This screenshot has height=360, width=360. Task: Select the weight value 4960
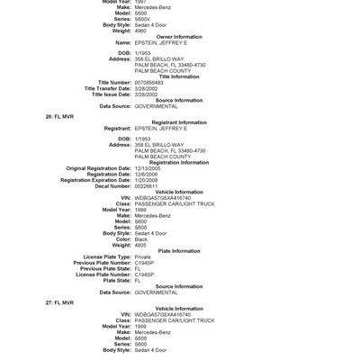(x=143, y=31)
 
